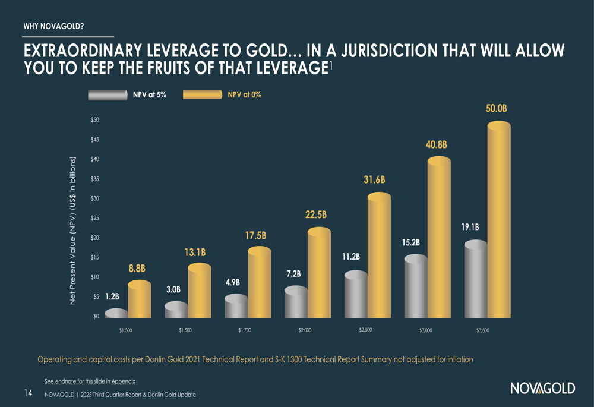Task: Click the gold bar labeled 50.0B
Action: click(x=498, y=220)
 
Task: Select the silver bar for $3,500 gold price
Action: click(x=475, y=279)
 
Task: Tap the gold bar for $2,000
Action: click(x=319, y=273)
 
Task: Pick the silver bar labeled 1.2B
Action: click(x=116, y=314)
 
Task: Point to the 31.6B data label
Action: click(x=375, y=179)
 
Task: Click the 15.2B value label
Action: click(x=410, y=242)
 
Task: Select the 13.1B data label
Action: click(x=196, y=253)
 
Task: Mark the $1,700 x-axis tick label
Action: click(x=245, y=330)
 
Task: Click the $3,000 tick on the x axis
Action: click(x=425, y=331)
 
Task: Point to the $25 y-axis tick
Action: click(x=94, y=219)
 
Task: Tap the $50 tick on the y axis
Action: click(x=94, y=121)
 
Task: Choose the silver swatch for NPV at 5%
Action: click(x=108, y=95)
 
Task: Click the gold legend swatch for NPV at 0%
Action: click(x=203, y=95)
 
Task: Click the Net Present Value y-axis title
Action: click(x=72, y=231)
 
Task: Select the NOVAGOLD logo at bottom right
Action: click(x=542, y=389)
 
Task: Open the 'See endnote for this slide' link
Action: click(x=90, y=381)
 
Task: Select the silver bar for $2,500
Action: click(x=355, y=295)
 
